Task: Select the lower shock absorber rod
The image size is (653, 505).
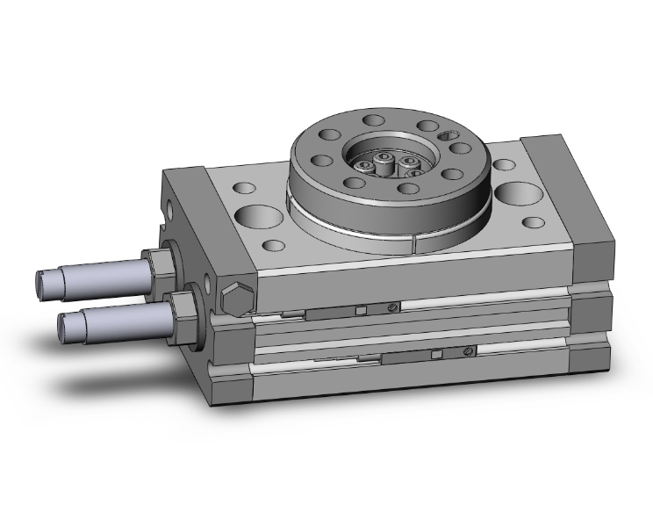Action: tap(123, 317)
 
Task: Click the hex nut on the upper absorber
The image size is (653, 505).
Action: tap(159, 266)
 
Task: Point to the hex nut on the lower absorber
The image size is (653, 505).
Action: tap(182, 307)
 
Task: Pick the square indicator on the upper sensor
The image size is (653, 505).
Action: tap(361, 308)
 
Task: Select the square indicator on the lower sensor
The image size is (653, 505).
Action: tap(435, 354)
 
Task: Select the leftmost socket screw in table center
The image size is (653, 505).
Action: tap(363, 164)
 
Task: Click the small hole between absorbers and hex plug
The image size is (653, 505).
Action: tap(207, 284)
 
